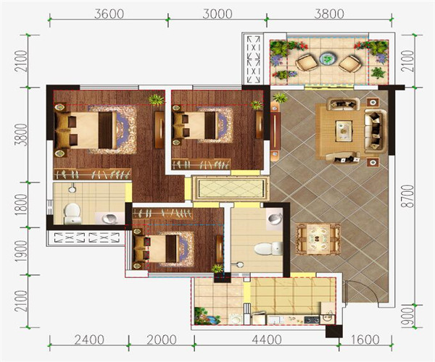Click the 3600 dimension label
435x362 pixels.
point(109,14)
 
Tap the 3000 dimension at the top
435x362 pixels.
point(217,14)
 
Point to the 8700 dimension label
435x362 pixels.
point(408,196)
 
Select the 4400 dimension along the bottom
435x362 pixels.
point(267,340)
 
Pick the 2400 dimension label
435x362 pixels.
point(89,340)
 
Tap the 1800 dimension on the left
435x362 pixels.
point(21,205)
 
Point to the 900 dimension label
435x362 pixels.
point(408,316)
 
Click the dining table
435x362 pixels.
point(318,239)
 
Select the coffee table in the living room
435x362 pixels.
point(344,130)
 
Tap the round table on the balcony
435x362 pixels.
point(328,59)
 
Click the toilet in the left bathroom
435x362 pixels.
point(72,214)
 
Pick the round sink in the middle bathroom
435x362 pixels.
point(275,218)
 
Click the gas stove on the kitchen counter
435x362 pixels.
point(312,319)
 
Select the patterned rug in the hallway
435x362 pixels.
point(231,188)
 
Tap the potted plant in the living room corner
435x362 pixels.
point(280,98)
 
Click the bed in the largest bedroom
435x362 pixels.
point(86,130)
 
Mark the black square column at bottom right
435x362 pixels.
point(333,331)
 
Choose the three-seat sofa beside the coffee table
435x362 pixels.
point(376,131)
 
